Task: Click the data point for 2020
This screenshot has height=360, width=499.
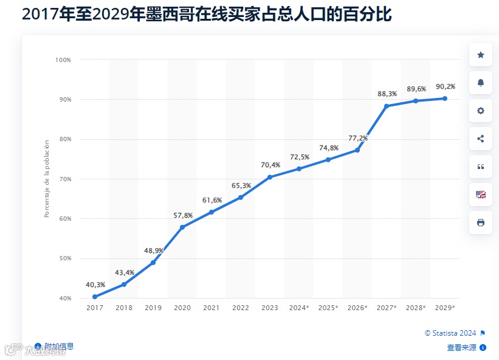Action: point(182,227)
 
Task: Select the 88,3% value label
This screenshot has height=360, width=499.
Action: point(387,94)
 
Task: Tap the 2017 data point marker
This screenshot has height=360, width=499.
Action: point(95,297)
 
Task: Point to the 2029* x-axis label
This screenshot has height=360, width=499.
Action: point(445,308)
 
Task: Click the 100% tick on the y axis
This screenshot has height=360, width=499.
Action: point(63,60)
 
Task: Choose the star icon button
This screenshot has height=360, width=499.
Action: point(481,55)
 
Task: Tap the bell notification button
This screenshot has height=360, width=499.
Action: point(481,83)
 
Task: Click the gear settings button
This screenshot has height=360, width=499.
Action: point(481,111)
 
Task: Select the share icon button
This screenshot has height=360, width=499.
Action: point(481,139)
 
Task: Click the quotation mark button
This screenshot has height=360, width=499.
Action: point(481,167)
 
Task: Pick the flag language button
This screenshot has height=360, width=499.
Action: point(481,195)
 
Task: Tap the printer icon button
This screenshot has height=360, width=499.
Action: point(481,223)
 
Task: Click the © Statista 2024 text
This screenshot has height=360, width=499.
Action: point(450,333)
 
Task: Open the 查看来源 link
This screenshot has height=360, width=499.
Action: point(463,348)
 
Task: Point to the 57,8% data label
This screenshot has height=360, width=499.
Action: point(183,216)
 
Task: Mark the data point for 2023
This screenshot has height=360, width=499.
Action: point(270,177)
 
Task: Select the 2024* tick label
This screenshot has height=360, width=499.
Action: point(299,308)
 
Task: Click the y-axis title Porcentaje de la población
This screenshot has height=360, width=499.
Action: point(47,179)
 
